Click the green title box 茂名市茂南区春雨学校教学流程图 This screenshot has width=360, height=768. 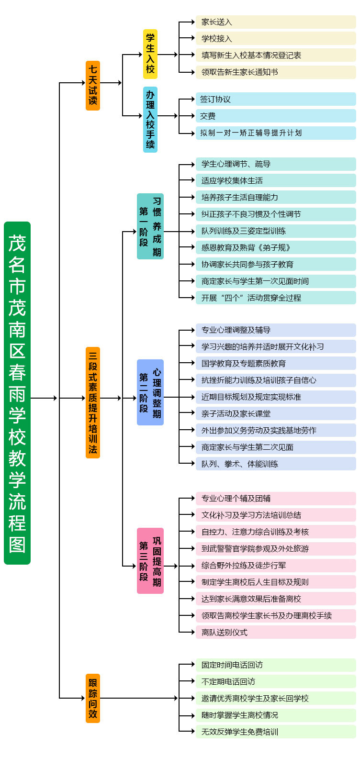click(x=17, y=393)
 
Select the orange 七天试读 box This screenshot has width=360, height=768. click(x=92, y=86)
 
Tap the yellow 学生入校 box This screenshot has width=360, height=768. click(x=150, y=54)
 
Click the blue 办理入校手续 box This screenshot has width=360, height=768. click(x=150, y=119)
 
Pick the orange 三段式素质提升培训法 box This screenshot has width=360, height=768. click(x=92, y=402)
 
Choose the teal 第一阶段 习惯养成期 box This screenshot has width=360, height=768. click(x=150, y=226)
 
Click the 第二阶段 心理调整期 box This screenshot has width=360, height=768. click(x=150, y=392)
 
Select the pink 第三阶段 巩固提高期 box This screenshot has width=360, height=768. click(x=150, y=561)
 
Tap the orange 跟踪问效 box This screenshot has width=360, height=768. click(x=92, y=698)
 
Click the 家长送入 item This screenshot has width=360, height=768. click(x=276, y=22)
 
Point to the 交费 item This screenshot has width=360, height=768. click(x=276, y=116)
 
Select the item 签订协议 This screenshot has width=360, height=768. click(x=276, y=99)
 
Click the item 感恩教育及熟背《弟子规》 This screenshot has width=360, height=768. click(x=276, y=247)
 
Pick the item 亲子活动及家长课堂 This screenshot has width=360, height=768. click(x=276, y=413)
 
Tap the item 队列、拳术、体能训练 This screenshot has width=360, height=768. click(x=276, y=464)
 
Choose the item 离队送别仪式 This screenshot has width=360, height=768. click(x=276, y=632)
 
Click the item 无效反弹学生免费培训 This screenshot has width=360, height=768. click(x=276, y=732)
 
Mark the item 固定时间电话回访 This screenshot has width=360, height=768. click(x=276, y=665)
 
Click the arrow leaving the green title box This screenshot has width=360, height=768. click(x=44, y=398)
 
